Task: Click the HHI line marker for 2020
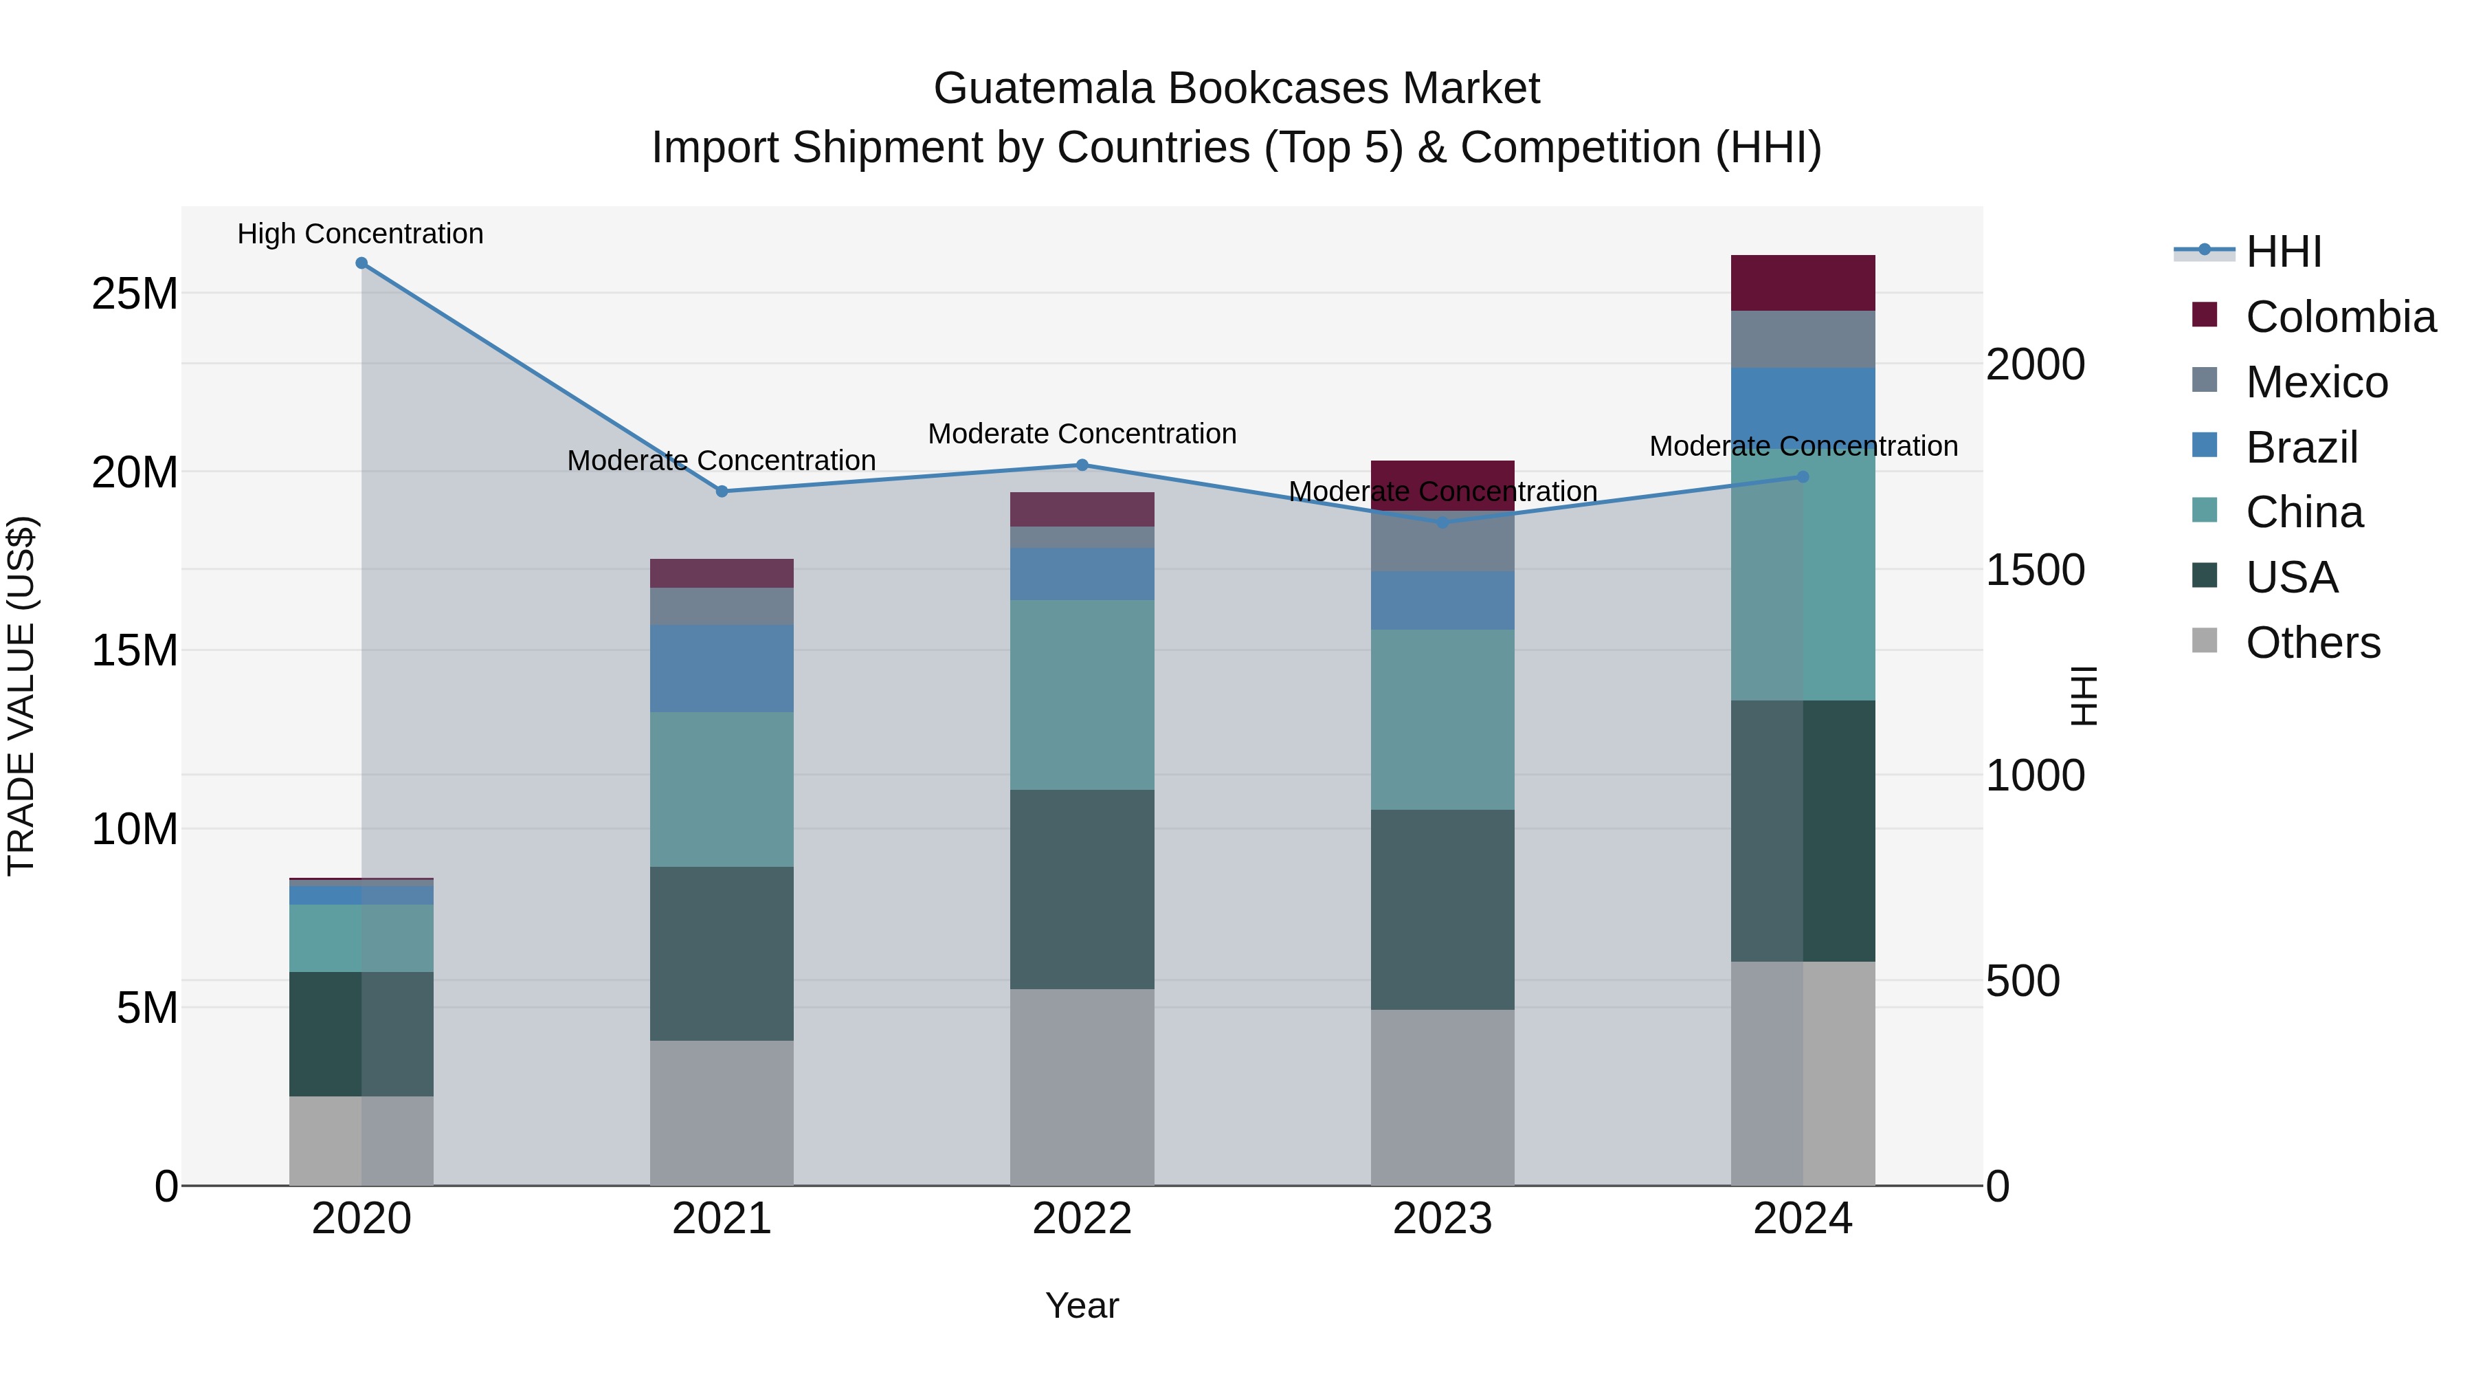coord(361,263)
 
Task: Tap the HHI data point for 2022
coord(1082,465)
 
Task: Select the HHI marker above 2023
coord(1442,522)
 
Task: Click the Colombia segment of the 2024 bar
coord(1803,283)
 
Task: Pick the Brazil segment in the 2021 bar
coord(722,669)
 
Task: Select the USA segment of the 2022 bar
coord(1082,890)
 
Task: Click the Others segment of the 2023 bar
coord(1442,1097)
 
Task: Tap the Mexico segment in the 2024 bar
coord(1803,339)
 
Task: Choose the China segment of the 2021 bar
coord(722,790)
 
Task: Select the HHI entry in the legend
coord(2283,252)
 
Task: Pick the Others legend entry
coord(2313,643)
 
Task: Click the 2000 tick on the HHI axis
coord(2035,365)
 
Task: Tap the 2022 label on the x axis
coord(1082,1219)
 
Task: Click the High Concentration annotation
coord(360,234)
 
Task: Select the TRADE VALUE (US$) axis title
coord(21,696)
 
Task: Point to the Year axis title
coord(1082,1305)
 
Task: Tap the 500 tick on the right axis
coord(2022,981)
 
